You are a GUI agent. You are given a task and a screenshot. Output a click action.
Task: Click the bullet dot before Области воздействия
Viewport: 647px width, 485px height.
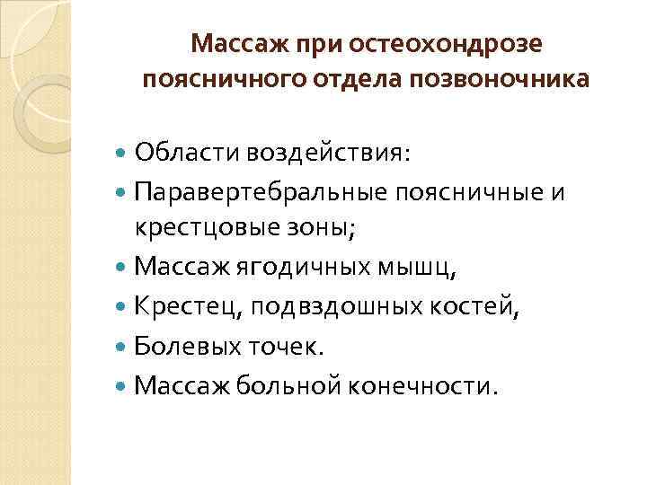(x=122, y=154)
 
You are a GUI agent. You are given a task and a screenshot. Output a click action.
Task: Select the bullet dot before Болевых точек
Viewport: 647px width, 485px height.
(x=122, y=346)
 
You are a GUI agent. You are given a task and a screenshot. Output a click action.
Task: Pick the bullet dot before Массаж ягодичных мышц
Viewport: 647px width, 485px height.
(x=122, y=267)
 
